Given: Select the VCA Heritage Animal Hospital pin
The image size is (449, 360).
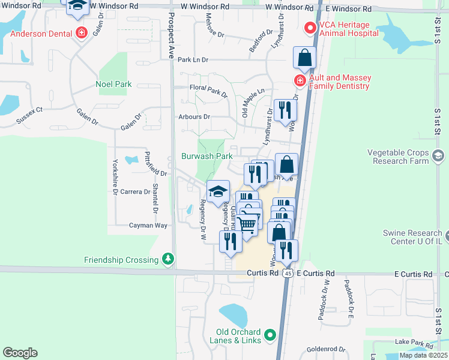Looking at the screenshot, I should point(310,28).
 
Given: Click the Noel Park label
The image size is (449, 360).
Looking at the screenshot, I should point(113,85).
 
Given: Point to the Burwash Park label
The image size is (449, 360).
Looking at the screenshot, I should point(206,156).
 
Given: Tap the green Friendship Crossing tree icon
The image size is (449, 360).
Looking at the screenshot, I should point(169,259).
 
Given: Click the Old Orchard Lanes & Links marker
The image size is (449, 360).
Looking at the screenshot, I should point(270,335).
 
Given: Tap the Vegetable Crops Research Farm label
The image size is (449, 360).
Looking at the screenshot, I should point(400,157).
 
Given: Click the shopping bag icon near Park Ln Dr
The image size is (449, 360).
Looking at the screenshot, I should point(305,58).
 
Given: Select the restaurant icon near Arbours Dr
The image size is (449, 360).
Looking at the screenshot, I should point(285,110).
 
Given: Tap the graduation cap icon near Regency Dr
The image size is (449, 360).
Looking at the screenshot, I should point(218,191).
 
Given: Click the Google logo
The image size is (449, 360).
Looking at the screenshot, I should point(20,353).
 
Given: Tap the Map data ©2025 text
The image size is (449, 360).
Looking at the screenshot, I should point(423,355).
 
